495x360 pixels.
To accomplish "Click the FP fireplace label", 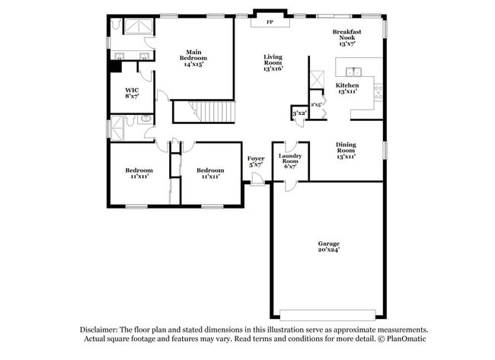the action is [x=270, y=22].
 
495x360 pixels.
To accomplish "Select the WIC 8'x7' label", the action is [x=132, y=94].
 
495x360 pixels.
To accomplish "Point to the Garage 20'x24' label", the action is [x=329, y=247].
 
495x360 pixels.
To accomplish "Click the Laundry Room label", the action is [x=290, y=158].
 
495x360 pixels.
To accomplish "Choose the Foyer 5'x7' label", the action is [x=256, y=161].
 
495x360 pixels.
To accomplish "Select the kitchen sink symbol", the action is [x=353, y=72].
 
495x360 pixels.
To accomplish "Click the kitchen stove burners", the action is [x=378, y=93].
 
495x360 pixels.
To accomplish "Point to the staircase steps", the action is [x=212, y=111].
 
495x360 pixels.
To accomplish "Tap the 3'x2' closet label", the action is [x=299, y=113].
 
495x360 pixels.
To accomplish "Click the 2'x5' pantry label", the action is [x=316, y=104].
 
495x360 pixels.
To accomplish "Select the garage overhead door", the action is [x=327, y=314].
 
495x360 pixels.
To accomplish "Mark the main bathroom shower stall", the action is [x=139, y=27].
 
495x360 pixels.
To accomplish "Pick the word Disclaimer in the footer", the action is [x=99, y=330].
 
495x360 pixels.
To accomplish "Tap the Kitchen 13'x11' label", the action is [x=347, y=88].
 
